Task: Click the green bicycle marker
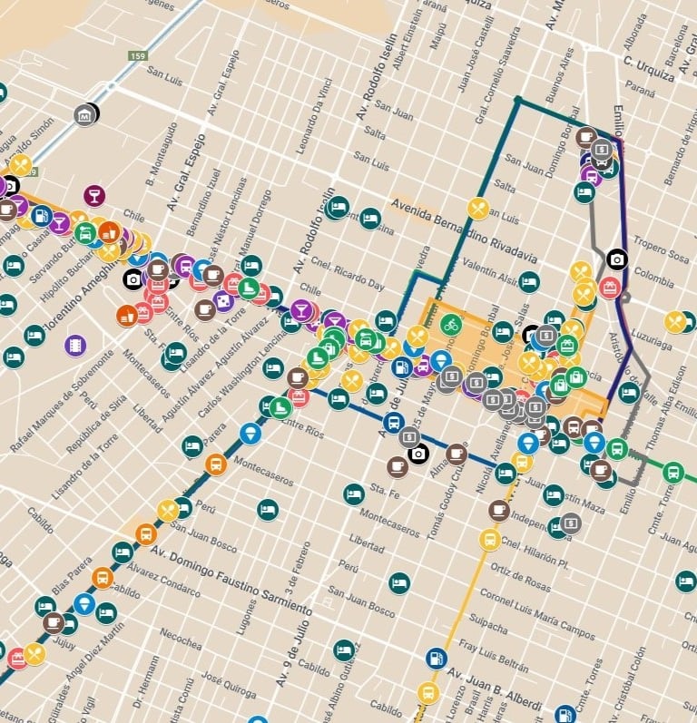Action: (450, 323)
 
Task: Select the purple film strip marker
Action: (75, 345)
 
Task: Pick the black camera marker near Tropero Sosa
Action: (617, 259)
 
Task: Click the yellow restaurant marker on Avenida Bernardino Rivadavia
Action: (478, 209)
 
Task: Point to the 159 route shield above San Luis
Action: (135, 56)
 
